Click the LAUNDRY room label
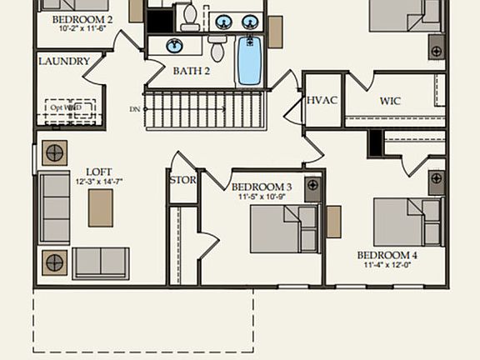click(64, 62)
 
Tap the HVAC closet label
click(322, 101)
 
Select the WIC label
click(390, 102)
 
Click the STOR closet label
click(182, 180)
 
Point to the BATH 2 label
click(191, 71)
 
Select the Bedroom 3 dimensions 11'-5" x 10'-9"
click(262, 197)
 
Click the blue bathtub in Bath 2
click(249, 61)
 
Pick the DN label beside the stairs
click(135, 109)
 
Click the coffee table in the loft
click(101, 207)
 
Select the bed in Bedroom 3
click(283, 228)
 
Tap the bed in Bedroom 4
click(407, 222)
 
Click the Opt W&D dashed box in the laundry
click(70, 111)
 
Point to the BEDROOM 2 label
click(82, 19)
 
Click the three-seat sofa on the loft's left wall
click(55, 207)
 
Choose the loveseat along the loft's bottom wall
click(100, 262)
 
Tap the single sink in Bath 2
click(175, 45)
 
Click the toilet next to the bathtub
click(217, 49)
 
